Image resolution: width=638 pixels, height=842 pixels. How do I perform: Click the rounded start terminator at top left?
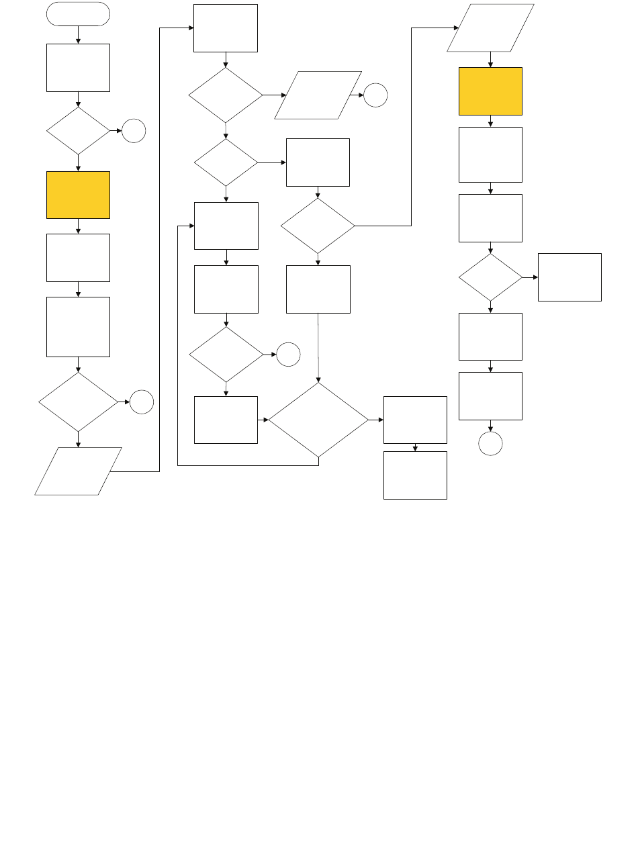click(x=78, y=13)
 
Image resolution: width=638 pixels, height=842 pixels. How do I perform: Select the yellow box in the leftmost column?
click(x=78, y=195)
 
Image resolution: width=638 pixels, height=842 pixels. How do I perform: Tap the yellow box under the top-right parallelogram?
click(x=490, y=91)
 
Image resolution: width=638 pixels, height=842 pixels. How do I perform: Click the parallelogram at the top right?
click(x=490, y=28)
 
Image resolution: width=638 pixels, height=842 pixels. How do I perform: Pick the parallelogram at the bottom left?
click(x=78, y=471)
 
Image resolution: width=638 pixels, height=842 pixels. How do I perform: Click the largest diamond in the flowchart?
click(x=318, y=420)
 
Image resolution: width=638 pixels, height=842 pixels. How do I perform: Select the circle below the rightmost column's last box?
click(x=490, y=445)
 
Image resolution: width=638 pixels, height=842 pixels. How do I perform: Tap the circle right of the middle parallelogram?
click(x=376, y=96)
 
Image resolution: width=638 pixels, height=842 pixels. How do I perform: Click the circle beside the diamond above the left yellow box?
click(x=134, y=131)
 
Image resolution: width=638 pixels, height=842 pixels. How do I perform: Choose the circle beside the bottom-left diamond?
click(x=141, y=402)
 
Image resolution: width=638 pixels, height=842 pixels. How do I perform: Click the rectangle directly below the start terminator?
click(x=78, y=67)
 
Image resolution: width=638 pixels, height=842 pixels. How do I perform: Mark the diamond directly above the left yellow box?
click(x=78, y=131)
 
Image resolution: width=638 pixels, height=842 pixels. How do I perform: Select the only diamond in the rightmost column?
click(x=490, y=277)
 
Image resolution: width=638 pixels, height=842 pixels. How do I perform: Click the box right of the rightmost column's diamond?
click(x=569, y=277)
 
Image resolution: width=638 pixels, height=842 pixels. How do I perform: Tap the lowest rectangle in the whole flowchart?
click(x=415, y=475)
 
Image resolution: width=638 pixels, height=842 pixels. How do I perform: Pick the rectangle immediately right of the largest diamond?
click(x=415, y=420)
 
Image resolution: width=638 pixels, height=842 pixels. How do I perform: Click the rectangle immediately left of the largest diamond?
click(x=226, y=420)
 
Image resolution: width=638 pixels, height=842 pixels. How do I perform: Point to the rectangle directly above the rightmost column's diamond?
click(x=490, y=218)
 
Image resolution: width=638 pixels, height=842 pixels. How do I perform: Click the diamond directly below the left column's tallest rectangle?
click(x=78, y=402)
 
